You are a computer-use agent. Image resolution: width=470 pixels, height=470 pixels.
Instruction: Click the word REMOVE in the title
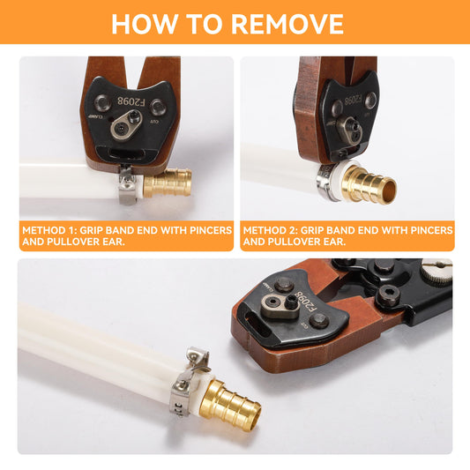tap(287, 24)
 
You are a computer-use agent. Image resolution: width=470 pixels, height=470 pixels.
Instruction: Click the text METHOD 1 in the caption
tap(49, 230)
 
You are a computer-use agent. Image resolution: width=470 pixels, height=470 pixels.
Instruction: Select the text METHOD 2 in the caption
tap(270, 230)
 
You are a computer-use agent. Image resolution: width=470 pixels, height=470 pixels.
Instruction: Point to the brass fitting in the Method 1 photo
tap(168, 183)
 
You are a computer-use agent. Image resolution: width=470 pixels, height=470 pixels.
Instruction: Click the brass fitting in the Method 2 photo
tap(369, 183)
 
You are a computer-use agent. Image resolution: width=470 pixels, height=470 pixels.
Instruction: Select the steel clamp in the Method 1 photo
tap(127, 185)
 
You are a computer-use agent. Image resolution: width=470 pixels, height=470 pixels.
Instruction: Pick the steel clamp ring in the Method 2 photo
tap(327, 183)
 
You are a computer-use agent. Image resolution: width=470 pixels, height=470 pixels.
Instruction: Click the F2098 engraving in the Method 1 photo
tap(131, 101)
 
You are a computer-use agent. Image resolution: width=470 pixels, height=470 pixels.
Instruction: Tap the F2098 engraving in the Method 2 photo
tap(353, 101)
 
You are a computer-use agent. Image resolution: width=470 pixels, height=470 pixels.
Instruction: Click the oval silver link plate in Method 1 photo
tap(126, 124)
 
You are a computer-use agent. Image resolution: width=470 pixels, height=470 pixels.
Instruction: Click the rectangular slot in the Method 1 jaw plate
tap(127, 153)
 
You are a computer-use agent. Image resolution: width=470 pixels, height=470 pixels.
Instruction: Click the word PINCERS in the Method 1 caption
tap(211, 230)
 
